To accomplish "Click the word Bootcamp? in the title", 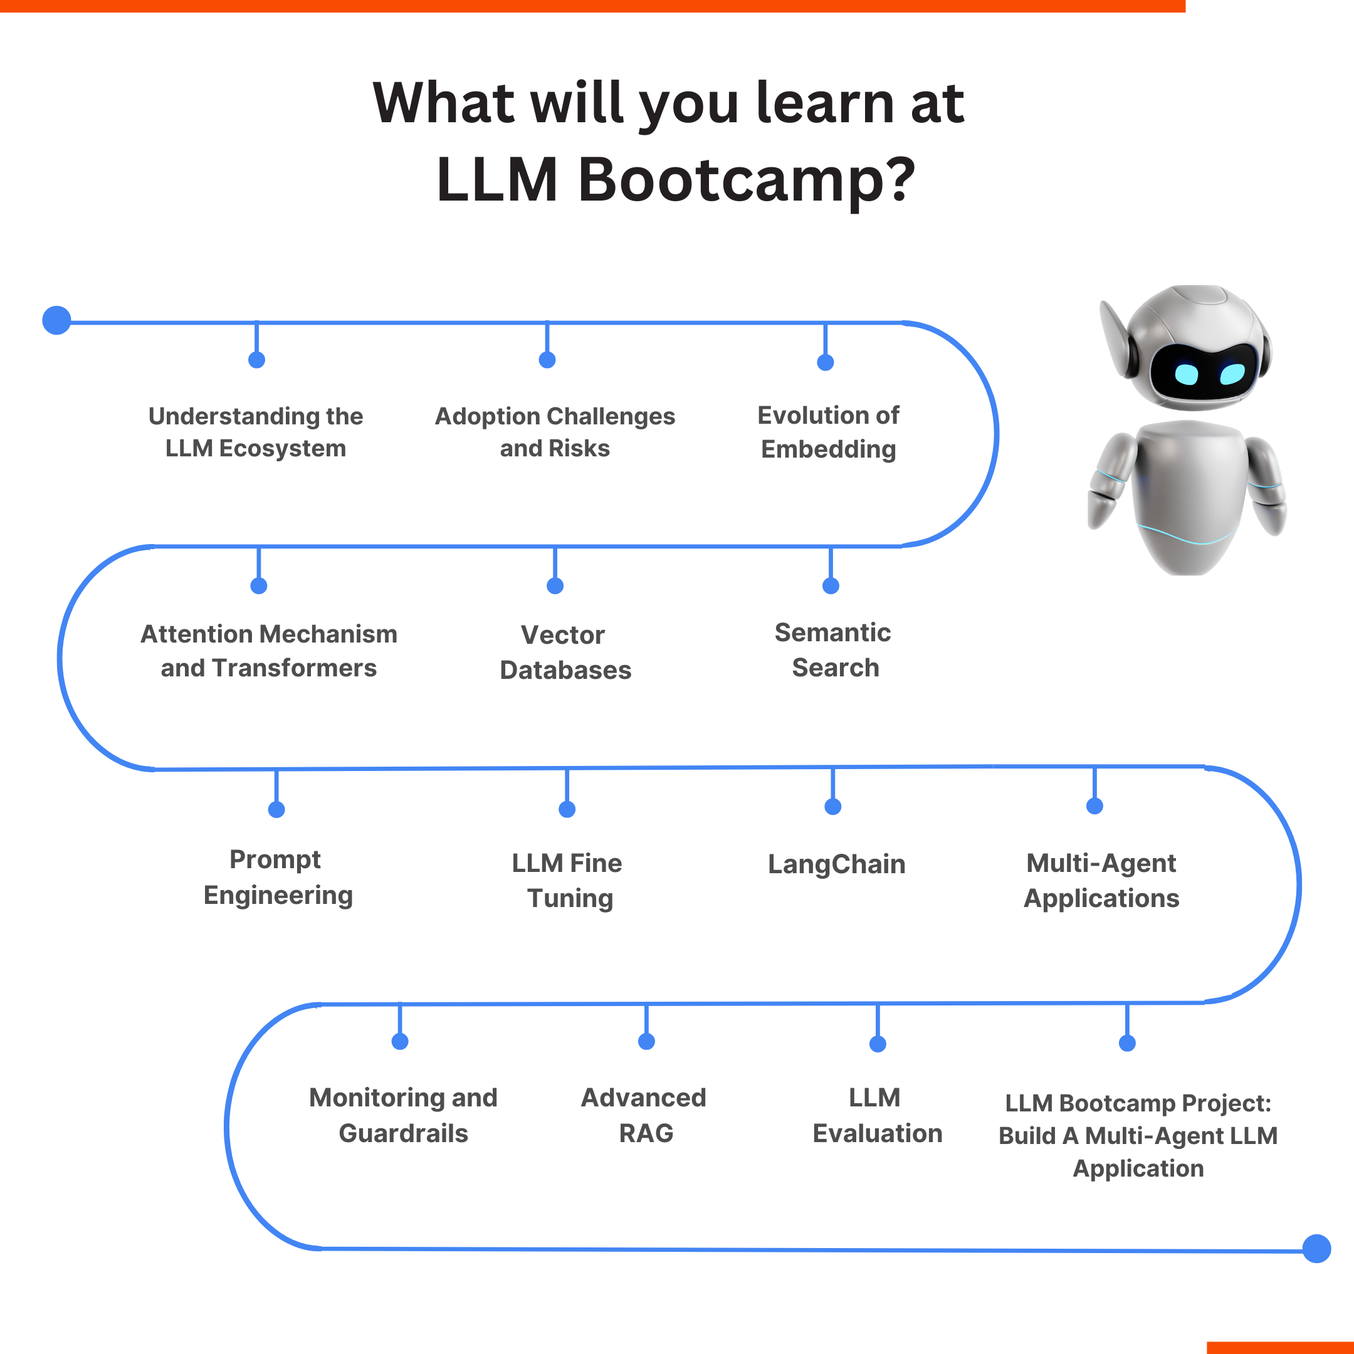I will pos(746,179).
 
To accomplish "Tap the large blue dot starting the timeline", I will pos(57,320).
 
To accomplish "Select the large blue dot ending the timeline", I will pos(1316,1248).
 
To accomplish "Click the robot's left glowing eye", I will pos(1186,374).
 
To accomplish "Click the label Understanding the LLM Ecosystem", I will pos(256,432).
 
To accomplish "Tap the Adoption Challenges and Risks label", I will pos(555,432).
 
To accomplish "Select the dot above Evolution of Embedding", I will pos(826,362).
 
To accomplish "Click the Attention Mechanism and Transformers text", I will pos(269,651).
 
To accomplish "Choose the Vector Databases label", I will pos(565,652).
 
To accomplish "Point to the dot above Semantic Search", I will pos(831,586).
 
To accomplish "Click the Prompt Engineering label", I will pos(278,877).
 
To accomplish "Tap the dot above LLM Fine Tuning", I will pos(567,809).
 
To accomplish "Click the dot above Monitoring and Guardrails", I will pos(400,1041).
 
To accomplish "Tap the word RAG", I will pos(646,1133).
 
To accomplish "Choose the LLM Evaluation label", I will pos(877,1115).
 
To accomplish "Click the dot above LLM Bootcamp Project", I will pos(1127,1044).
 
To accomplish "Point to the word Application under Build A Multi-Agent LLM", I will pos(1138,1168).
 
